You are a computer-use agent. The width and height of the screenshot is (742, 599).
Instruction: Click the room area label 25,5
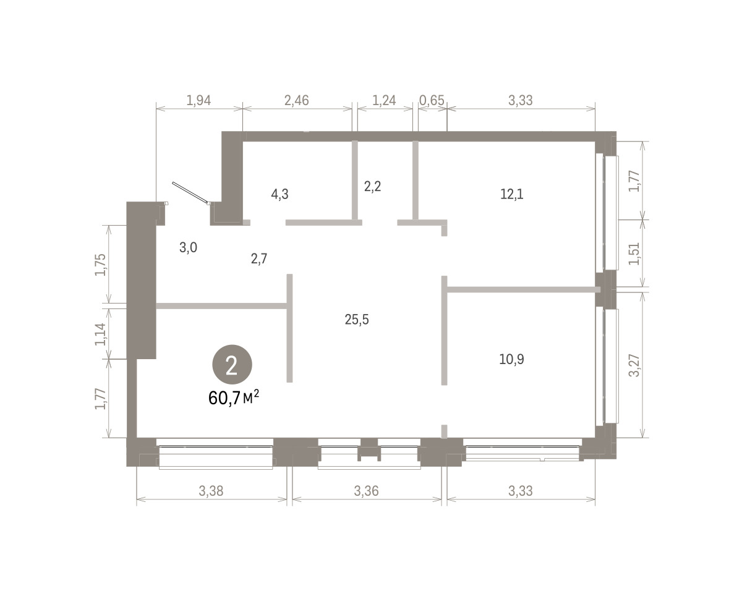[357, 319]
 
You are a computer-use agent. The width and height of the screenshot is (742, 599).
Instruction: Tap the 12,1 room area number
[512, 194]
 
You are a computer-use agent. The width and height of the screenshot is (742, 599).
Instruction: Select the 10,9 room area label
[511, 359]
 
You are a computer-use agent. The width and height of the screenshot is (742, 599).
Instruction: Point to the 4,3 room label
[279, 194]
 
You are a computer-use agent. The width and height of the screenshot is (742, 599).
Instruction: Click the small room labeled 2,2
[372, 186]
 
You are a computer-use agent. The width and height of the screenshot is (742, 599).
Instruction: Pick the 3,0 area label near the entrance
[188, 248]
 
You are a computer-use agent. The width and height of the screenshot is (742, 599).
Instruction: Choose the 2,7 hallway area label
[259, 259]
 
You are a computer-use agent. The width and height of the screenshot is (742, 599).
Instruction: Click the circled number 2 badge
[232, 365]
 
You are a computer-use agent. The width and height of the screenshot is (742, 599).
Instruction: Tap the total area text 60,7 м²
[234, 397]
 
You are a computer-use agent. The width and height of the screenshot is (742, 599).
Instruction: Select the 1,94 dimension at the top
[198, 100]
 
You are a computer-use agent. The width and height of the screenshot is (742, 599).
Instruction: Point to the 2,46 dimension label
[296, 100]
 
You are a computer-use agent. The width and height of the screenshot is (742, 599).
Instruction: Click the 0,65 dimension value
[432, 100]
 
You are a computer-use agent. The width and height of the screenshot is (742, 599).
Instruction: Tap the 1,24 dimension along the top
[384, 100]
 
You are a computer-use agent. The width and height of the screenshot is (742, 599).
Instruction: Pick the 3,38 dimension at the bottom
[211, 491]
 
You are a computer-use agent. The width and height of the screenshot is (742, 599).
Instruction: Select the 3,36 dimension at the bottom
[366, 491]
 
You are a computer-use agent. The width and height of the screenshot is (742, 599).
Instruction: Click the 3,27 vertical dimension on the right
[634, 365]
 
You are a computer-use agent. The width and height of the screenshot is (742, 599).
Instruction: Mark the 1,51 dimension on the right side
[634, 254]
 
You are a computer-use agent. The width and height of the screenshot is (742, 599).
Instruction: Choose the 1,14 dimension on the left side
[100, 334]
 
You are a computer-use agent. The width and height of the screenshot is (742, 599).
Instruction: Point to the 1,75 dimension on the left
[100, 265]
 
